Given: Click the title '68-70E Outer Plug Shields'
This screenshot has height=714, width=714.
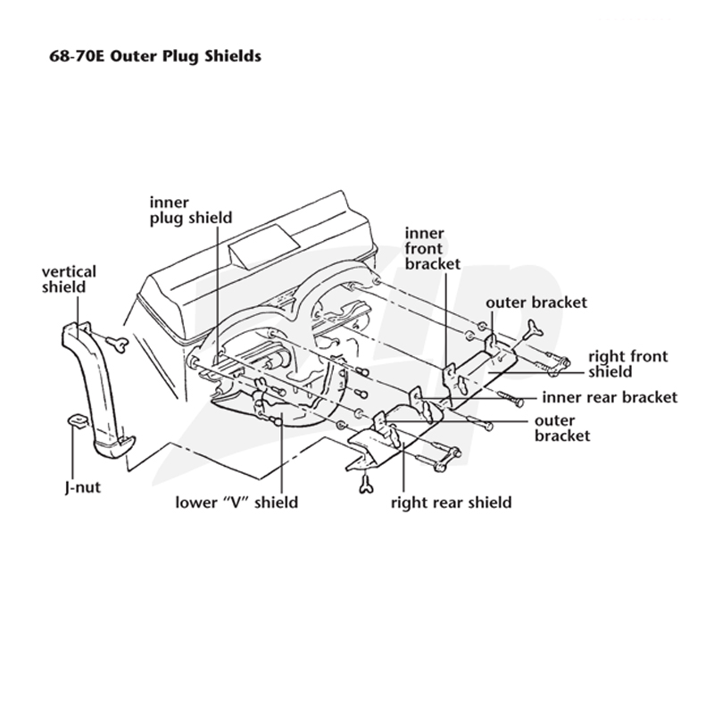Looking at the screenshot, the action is pos(155,56).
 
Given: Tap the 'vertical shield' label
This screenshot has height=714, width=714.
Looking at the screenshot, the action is pos(70,279).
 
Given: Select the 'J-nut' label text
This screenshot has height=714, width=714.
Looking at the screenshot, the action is pos(82,487).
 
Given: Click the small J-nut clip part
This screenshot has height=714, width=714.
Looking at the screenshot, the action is pos(76,420).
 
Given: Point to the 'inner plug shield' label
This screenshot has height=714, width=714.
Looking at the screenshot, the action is pos(191,210).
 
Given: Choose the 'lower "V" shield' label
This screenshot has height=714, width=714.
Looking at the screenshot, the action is pos(237,502).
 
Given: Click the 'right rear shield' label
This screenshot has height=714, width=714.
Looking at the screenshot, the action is pos(452,502).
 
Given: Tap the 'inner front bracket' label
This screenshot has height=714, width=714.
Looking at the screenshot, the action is pos(433,249).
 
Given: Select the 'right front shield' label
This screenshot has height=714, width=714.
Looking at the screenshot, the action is pos(628,364).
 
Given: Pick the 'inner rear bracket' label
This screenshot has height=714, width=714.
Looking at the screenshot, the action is pos(610,397).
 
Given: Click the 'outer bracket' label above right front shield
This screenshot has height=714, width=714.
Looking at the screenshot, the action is pos(536,303).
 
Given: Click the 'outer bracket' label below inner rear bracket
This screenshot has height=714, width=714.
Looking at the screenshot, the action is pos(562,428).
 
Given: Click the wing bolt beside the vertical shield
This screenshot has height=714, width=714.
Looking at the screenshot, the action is pos(118,344).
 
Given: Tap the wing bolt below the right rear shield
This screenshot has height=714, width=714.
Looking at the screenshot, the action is pos(365,484).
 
